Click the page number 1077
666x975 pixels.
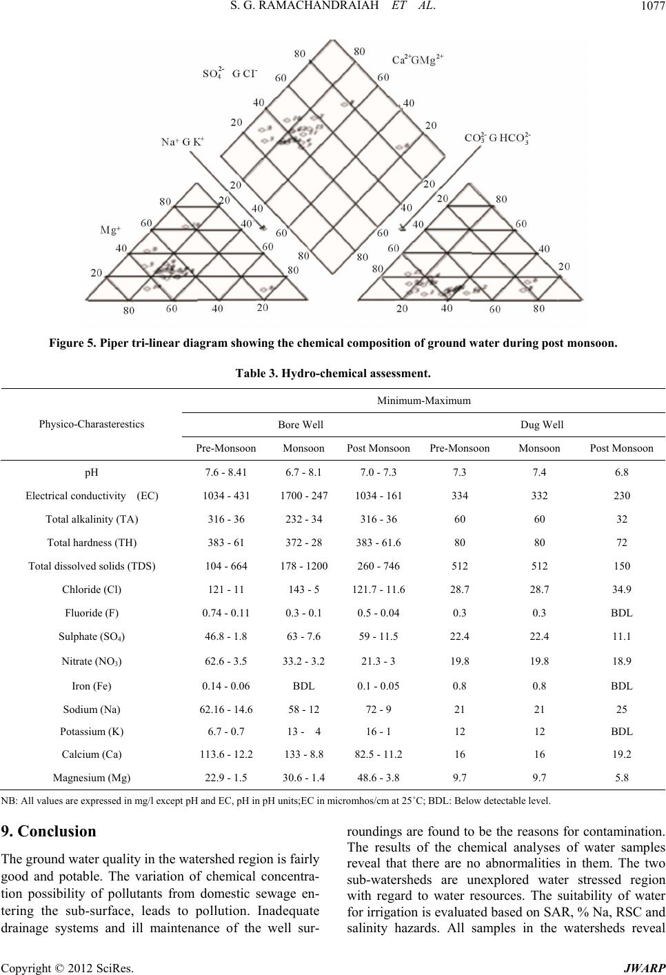[x=653, y=6]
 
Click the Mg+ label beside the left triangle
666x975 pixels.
[x=110, y=230]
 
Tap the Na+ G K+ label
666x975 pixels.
[x=183, y=142]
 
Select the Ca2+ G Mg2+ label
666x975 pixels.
[x=417, y=59]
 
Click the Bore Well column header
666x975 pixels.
[x=301, y=425]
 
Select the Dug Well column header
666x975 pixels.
[x=541, y=425]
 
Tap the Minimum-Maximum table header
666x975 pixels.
[x=423, y=401]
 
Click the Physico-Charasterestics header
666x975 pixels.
[x=92, y=424]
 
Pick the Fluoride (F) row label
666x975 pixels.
[x=92, y=613]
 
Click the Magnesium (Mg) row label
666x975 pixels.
[x=92, y=777]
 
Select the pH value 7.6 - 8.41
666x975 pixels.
[x=226, y=472]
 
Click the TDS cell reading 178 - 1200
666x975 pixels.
[x=303, y=566]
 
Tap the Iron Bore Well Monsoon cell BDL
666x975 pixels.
[x=303, y=686]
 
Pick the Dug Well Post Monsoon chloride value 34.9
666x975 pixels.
[x=622, y=590]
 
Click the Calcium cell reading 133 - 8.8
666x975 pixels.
[x=303, y=754]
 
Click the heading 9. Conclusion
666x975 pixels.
[x=48, y=831]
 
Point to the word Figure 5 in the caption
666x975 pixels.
[x=72, y=343]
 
